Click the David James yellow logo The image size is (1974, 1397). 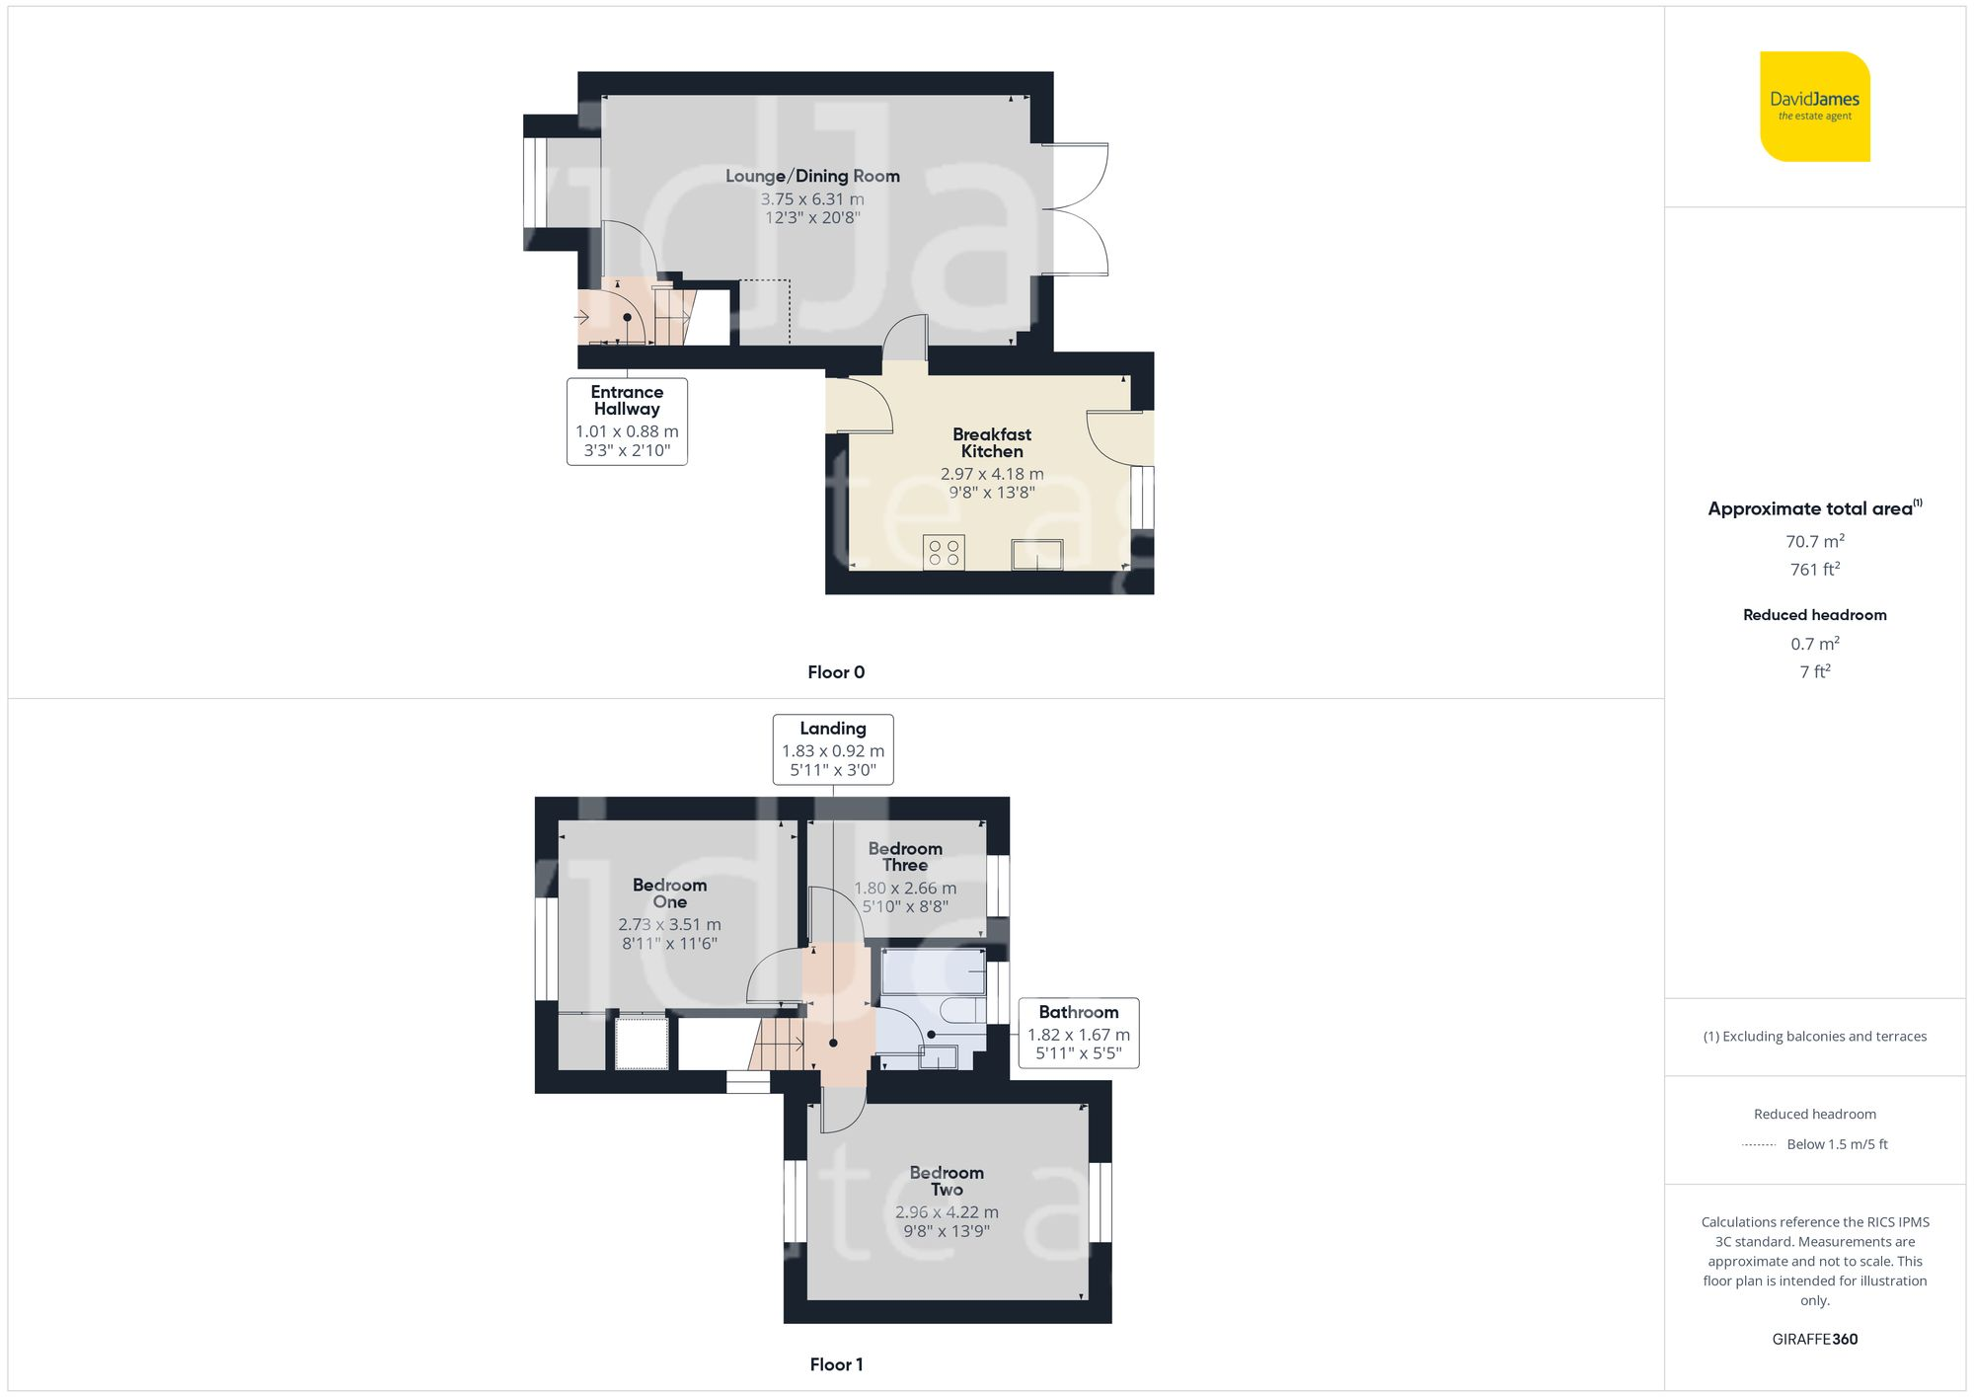tap(1814, 107)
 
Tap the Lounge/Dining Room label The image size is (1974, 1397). tap(812, 176)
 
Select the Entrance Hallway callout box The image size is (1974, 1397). tap(627, 422)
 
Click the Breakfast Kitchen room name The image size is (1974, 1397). tap(992, 442)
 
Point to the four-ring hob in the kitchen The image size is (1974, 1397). tap(944, 553)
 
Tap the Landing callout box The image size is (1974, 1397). tap(833, 749)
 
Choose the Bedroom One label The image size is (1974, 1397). tap(669, 893)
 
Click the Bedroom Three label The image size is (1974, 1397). tap(905, 857)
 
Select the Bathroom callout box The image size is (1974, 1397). tap(1079, 1033)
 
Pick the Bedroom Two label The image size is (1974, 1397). tap(947, 1181)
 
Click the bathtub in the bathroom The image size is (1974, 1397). tap(933, 971)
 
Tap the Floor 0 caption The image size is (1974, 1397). tap(836, 672)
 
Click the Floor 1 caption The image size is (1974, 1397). tap(836, 1364)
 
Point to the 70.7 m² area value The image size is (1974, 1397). tap(1814, 541)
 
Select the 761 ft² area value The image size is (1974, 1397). tap(1814, 570)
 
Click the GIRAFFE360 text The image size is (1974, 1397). tap(1814, 1340)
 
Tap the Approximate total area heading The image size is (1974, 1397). tap(1814, 508)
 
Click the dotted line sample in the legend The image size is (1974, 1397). tap(1759, 1145)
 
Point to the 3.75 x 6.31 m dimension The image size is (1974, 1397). tap(812, 199)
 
